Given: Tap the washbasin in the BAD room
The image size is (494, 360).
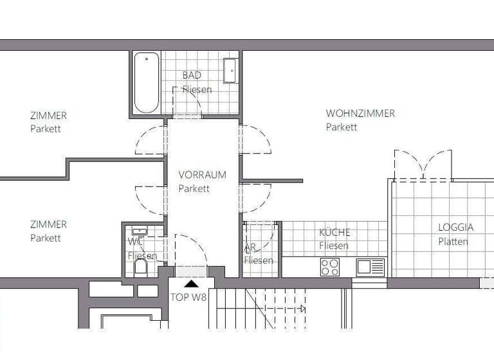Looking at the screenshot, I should click(x=231, y=71).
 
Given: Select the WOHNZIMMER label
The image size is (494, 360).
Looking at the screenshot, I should click(x=360, y=113).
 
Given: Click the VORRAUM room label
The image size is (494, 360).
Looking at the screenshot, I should click(x=202, y=175).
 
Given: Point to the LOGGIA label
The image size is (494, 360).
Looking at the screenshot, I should click(x=455, y=228).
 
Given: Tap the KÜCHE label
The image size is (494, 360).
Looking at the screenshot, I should click(x=335, y=233).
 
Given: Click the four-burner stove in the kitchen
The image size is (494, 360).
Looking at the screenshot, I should click(x=330, y=267).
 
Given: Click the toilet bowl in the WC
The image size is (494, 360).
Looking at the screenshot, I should click(x=141, y=266).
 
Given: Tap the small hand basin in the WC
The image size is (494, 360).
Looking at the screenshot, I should click(x=139, y=230).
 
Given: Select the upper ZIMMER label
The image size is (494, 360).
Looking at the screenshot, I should click(x=48, y=116).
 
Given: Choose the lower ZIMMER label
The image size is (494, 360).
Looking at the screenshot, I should click(x=48, y=224).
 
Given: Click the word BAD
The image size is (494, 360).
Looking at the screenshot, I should click(x=192, y=75).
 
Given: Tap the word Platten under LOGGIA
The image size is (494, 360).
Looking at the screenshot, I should click(x=453, y=242).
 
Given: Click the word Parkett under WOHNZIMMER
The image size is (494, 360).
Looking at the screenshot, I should click(x=341, y=127).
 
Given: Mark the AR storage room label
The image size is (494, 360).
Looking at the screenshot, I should click(x=250, y=247).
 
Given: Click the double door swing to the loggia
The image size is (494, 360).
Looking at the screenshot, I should click(x=423, y=164).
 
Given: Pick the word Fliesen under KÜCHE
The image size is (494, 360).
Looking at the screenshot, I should click(x=334, y=246).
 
